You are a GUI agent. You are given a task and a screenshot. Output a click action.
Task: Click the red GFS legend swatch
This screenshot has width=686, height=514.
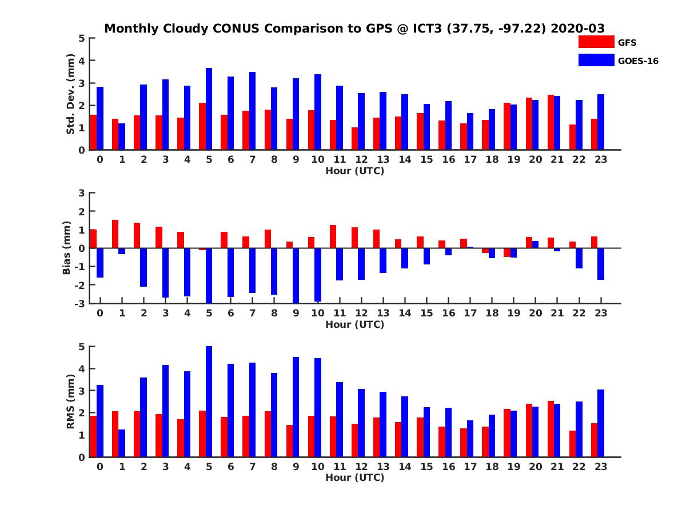596,42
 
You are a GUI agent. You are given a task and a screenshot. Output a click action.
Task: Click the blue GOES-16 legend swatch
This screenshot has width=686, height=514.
596,60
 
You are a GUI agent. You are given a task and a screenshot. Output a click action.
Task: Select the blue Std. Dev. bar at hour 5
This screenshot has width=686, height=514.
209,109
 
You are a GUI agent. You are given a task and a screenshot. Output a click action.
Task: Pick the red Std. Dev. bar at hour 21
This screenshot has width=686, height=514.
551,122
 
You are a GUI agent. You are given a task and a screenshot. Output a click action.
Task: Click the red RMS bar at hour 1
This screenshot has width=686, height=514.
115,434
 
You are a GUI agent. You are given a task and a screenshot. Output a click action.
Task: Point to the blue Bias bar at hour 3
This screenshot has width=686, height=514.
165,272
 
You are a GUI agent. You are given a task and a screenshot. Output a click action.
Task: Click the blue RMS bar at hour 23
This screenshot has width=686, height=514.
601,423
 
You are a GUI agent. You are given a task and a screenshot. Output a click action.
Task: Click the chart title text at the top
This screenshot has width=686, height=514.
354,29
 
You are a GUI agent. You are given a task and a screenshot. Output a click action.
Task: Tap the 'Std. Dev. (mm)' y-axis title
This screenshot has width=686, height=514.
71,94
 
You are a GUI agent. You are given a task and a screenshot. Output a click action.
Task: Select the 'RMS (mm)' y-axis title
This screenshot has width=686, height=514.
71,401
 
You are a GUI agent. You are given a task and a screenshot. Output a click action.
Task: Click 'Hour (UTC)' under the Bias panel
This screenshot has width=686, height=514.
354,324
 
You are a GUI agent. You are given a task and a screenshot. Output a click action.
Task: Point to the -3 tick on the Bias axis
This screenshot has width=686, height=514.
81,303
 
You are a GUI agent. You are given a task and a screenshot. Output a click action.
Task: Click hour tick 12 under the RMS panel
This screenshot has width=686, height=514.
361,466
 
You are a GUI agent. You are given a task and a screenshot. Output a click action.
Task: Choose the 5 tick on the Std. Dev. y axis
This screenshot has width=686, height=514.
82,38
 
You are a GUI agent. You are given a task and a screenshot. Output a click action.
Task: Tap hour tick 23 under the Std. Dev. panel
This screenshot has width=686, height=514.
600,159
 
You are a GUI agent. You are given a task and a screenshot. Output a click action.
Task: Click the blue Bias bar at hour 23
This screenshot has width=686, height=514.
601,264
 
